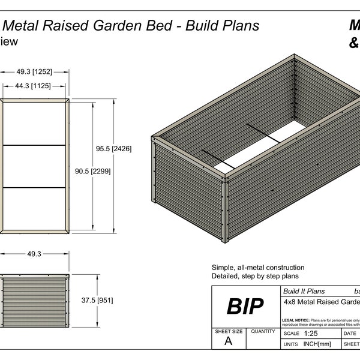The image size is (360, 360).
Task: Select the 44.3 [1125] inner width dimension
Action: (35, 86)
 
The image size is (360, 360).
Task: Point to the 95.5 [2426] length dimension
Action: (114, 148)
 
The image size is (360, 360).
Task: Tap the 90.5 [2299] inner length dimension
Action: (93, 171)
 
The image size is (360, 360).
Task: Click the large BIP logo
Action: (245, 306)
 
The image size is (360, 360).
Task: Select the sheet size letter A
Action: (228, 341)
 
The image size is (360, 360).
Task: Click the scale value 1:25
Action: (311, 333)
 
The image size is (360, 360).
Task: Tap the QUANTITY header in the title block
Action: (263, 331)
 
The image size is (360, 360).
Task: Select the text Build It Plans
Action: (303, 291)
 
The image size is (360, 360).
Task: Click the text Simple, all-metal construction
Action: (257, 268)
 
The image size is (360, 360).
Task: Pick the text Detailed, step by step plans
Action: (254, 276)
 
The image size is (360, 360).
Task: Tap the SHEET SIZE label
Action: (228, 331)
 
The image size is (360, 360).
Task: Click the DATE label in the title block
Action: (350, 333)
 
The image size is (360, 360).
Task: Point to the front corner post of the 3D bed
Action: (226, 210)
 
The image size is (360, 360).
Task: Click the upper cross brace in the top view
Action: (35, 145)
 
